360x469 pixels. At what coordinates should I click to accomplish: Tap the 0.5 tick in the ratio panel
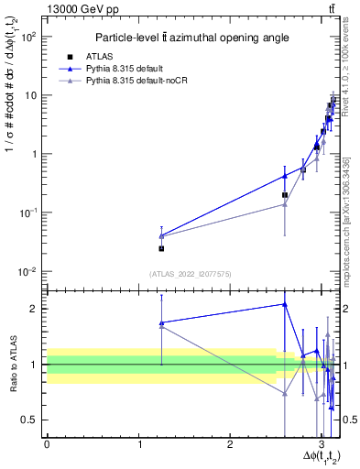pyautogui.click(x=30, y=420)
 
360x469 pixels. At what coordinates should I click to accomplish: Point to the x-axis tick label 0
pyautogui.click(x=47, y=444)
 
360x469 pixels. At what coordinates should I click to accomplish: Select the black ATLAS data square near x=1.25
pyautogui.click(x=161, y=248)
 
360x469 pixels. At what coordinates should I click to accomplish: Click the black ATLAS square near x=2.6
pyautogui.click(x=285, y=195)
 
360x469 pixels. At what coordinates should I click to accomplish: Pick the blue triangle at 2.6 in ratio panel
pyautogui.click(x=285, y=304)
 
